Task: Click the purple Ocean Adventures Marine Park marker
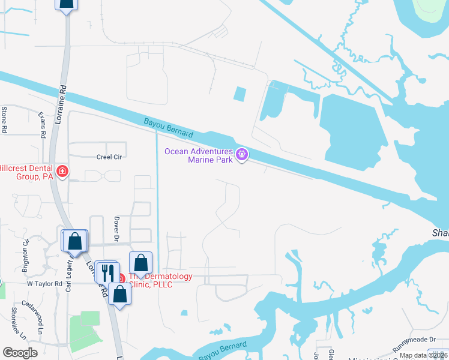tap(242, 155)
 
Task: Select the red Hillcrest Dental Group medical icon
tap(61, 173)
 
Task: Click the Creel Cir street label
tap(109, 157)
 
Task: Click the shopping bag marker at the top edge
tap(67, 3)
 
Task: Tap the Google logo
tap(20, 353)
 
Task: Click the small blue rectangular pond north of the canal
tap(239, 94)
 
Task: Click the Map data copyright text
tap(424, 355)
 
